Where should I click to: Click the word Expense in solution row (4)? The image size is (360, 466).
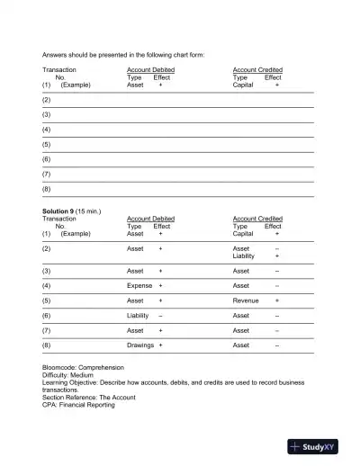coord(139,285)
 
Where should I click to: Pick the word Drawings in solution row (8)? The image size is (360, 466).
coord(140,345)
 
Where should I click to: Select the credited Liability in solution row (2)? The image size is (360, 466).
coord(246,255)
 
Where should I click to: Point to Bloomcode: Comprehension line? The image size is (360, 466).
coord(83,368)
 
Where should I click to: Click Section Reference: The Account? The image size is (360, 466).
coord(86,397)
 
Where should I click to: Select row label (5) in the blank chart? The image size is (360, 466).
coord(47,144)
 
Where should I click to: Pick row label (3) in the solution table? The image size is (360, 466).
coord(47,270)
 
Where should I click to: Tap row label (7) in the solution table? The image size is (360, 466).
coord(47,330)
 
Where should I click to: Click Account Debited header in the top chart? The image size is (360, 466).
coord(150,69)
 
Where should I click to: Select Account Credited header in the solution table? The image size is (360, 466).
coord(257,218)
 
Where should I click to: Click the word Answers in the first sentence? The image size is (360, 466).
coord(56,55)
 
